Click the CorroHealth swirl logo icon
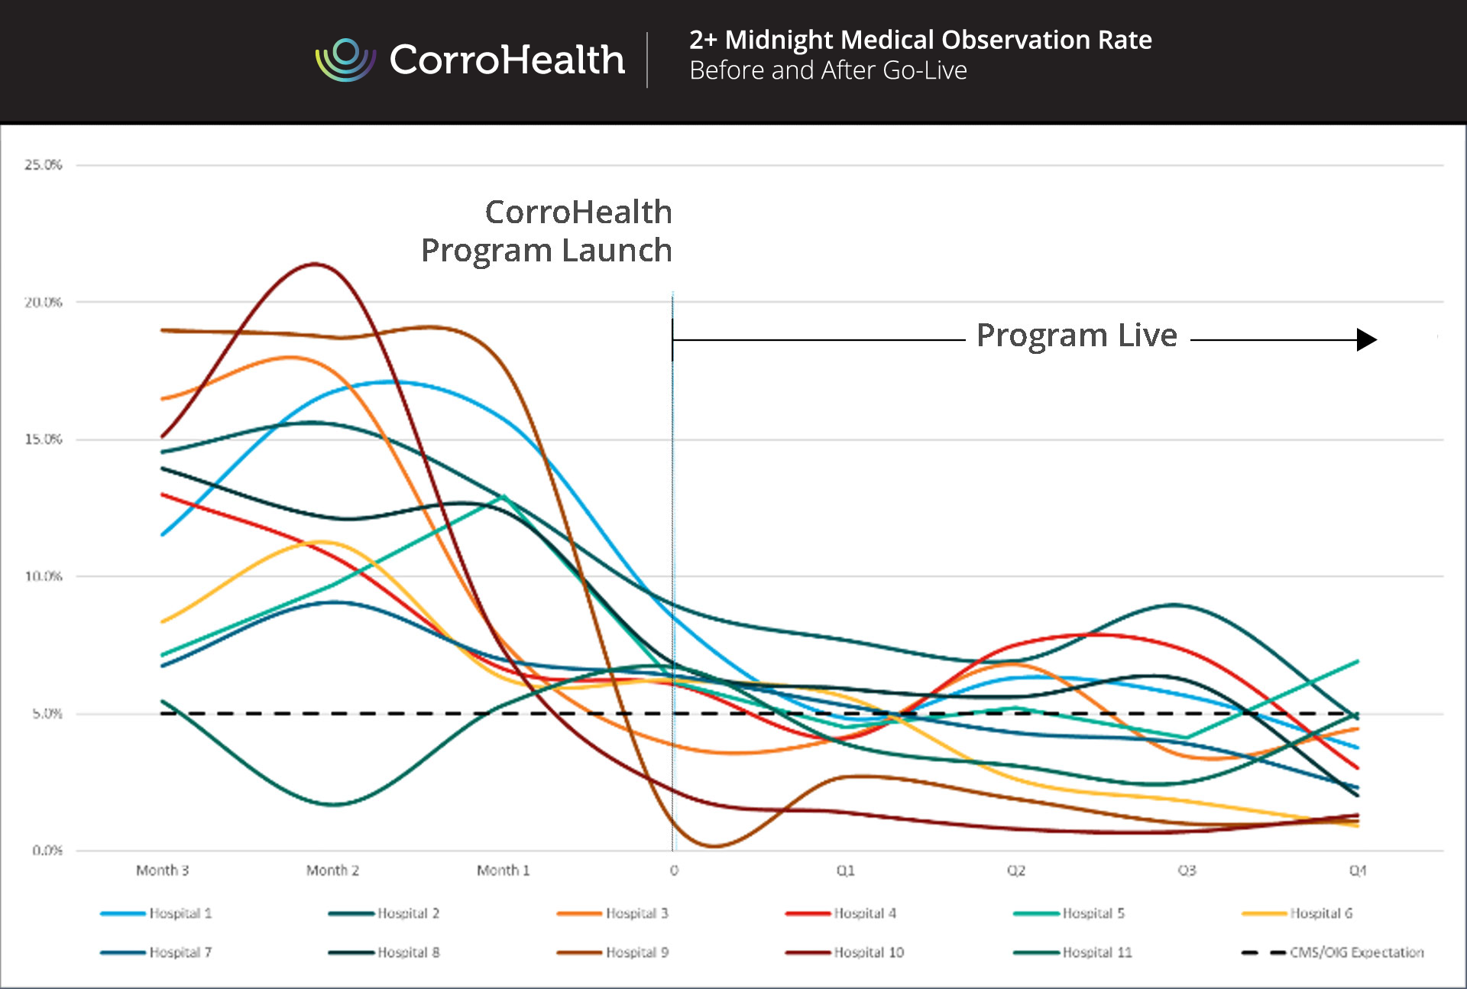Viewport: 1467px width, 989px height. [345, 60]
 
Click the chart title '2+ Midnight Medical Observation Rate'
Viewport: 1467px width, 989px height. [920, 40]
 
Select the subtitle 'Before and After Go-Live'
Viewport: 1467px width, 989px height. [827, 70]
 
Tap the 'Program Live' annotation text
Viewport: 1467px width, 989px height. [1077, 336]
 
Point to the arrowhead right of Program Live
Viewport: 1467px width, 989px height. [1366, 339]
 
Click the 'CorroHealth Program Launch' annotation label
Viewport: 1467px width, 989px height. [547, 231]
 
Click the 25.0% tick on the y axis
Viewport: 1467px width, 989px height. [43, 165]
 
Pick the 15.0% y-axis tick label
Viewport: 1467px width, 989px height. [43, 439]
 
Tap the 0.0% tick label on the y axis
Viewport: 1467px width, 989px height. [47, 851]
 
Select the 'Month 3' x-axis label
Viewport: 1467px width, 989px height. [162, 871]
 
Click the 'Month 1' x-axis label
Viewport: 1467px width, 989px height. [503, 871]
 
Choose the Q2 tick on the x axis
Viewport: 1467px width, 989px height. [1015, 871]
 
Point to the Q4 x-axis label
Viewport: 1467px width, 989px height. [1357, 871]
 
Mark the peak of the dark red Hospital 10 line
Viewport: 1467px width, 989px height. [314, 264]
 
